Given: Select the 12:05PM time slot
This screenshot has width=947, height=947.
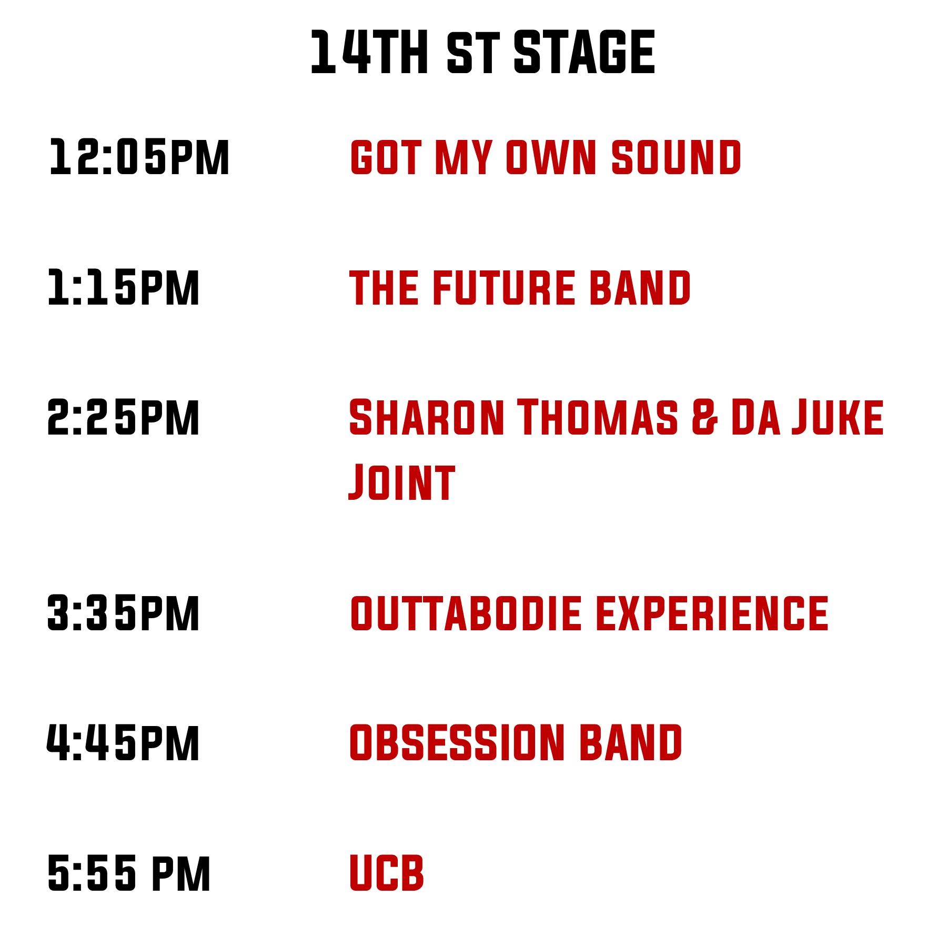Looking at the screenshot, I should point(139,157).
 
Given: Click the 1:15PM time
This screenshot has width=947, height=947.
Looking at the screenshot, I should point(124,287).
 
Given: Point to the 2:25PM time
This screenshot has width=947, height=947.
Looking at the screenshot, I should point(124,417).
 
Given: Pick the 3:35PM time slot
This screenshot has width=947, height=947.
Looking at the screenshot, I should point(124,613).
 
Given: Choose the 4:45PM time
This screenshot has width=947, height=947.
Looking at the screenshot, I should point(124,742).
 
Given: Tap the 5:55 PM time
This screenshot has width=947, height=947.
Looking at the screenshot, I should point(129,873).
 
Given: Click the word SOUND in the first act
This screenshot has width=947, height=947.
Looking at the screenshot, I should point(676,157).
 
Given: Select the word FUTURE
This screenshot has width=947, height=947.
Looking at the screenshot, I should point(504,287).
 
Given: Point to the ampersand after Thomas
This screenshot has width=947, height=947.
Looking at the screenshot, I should point(704,417).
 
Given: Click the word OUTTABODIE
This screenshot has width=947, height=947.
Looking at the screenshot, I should point(466,613).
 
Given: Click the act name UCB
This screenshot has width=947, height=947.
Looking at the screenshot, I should point(387,873).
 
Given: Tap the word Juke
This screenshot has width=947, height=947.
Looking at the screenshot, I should point(838,417).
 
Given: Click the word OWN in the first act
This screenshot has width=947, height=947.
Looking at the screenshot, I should point(551,157).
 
